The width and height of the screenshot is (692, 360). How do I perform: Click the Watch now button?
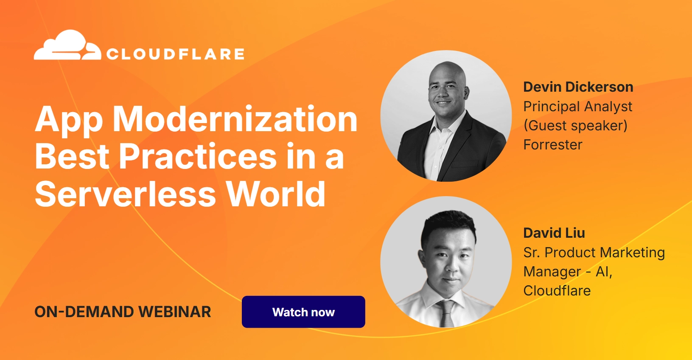303,312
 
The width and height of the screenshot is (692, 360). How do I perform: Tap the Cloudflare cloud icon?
67,45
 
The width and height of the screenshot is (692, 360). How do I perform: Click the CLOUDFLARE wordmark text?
176,54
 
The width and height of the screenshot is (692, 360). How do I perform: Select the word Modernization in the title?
235,119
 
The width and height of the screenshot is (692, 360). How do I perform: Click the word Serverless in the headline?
125,194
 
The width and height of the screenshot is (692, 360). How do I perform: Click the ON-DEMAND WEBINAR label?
123,312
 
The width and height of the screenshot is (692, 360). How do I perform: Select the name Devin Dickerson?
578,87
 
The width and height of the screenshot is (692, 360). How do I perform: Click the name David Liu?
554,233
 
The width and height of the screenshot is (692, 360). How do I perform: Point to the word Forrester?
553,145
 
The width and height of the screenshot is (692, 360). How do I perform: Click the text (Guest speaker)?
575,126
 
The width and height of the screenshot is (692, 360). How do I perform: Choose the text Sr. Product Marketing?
594,253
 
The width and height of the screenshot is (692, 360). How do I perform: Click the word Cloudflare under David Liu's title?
557,291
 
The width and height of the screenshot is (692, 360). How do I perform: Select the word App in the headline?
69,121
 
